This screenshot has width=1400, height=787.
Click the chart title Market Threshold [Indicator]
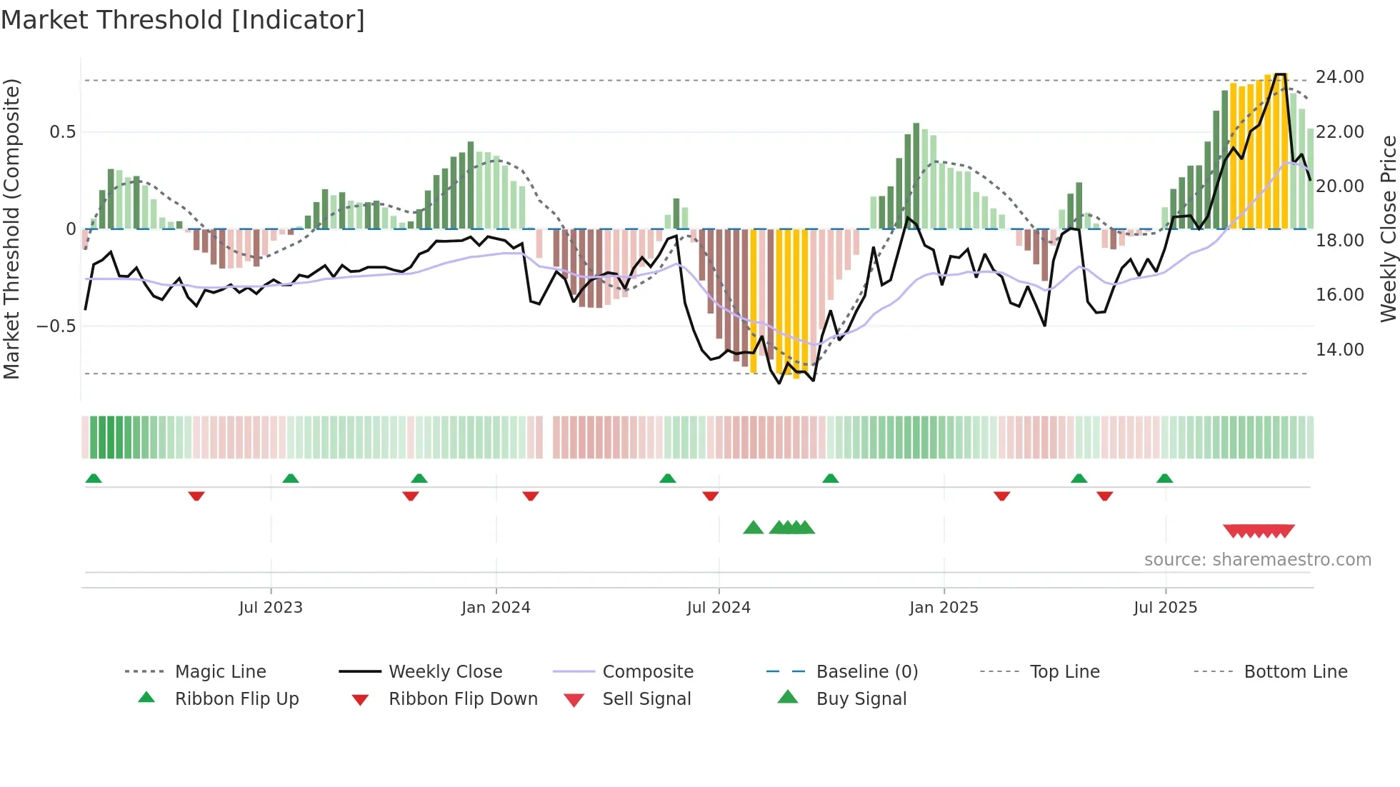[183, 20]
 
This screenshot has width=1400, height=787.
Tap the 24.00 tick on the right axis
[1339, 77]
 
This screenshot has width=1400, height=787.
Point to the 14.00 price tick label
[1339, 350]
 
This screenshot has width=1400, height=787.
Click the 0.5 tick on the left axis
[62, 132]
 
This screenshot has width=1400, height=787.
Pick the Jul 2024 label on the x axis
[719, 608]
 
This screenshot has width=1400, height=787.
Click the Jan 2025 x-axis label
[944, 608]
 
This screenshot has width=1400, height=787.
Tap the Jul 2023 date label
[271, 608]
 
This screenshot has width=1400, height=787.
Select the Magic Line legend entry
[220, 672]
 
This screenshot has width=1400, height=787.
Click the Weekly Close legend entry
[445, 672]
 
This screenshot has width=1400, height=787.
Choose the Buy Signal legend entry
[861, 699]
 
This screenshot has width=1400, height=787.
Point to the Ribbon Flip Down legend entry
[463, 699]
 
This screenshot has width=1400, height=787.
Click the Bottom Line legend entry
[1295, 672]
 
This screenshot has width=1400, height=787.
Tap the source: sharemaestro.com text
[1257, 560]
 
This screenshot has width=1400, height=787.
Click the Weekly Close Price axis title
[1388, 229]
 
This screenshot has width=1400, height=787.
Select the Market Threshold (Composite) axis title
[11, 229]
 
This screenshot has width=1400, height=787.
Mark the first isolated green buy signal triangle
[754, 528]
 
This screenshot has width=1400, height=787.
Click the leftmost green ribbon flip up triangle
[94, 478]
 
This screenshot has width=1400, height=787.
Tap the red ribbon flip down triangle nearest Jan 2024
[530, 496]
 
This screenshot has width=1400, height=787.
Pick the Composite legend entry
[647, 672]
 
